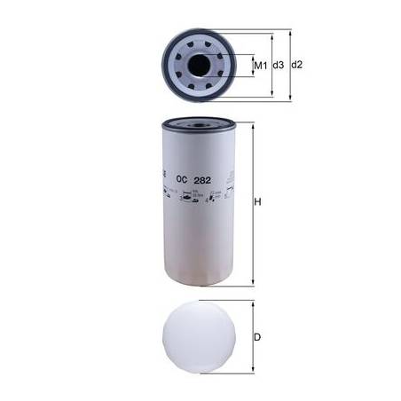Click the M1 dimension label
[x=261, y=66]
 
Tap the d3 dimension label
[x=278, y=66]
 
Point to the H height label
[x=259, y=203]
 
